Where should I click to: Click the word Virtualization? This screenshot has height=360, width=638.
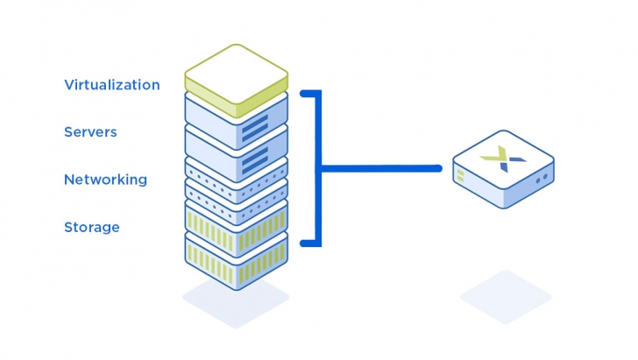(x=111, y=85)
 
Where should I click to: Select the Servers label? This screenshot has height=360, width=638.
(x=90, y=132)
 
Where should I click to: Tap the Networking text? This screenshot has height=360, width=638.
(x=105, y=180)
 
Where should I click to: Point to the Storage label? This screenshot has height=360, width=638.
(x=91, y=227)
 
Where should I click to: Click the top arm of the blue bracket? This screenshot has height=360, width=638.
(x=309, y=92)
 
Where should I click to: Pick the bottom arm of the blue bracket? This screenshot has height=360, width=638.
(x=309, y=243)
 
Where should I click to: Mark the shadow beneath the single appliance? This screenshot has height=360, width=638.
(x=506, y=296)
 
